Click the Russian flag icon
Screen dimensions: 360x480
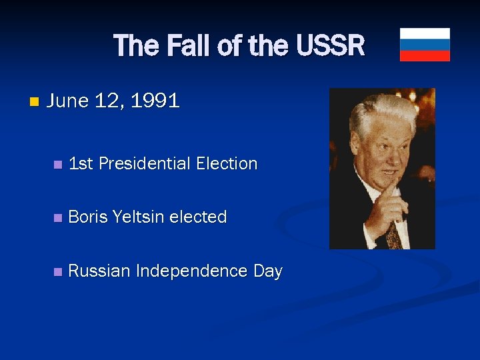click(425, 45)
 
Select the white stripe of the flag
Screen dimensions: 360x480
click(425, 33)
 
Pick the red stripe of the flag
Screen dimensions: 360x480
click(425, 56)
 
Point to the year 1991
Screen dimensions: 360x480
click(155, 101)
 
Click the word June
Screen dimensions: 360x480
click(69, 101)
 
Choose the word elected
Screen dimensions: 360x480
click(199, 217)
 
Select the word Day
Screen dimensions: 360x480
click(268, 271)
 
